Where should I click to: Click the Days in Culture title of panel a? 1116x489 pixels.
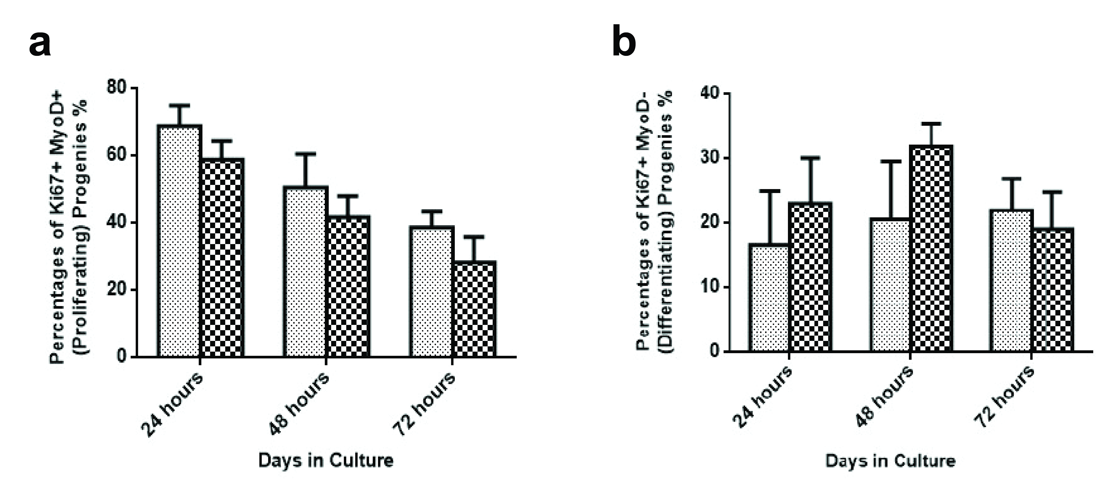click(x=326, y=460)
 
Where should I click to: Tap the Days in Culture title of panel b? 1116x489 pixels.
click(x=890, y=460)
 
